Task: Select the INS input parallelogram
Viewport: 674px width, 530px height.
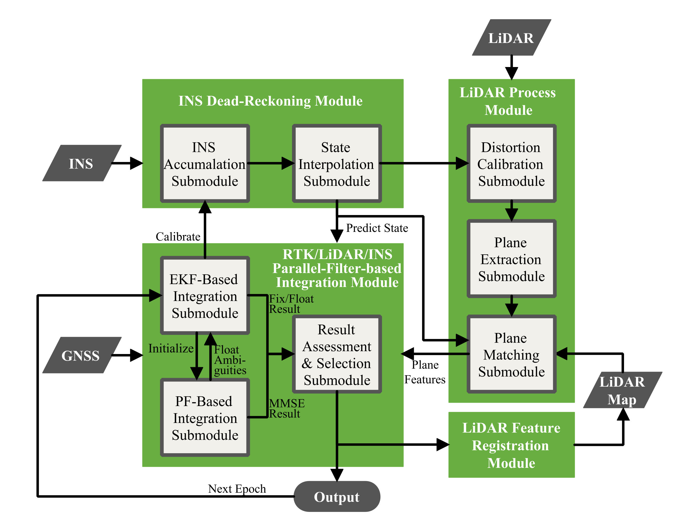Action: (81, 163)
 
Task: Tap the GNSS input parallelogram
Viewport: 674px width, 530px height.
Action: (81, 355)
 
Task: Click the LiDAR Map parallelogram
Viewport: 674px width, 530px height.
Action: (622, 390)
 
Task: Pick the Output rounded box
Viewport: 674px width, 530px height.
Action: (337, 497)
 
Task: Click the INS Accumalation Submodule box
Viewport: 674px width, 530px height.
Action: (205, 164)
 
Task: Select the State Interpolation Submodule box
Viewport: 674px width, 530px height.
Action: (337, 164)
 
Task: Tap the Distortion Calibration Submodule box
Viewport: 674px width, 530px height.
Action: (511, 164)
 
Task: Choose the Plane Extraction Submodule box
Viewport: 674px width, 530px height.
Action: (511, 259)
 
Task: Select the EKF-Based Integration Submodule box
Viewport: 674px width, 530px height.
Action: (205, 296)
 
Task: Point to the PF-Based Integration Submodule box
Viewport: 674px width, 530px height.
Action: (205, 418)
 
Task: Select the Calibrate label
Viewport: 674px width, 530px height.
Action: (178, 237)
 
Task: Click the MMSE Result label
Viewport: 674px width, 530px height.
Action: (286, 408)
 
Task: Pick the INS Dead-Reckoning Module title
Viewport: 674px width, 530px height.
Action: (270, 101)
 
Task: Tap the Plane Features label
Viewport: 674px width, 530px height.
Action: (424, 372)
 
